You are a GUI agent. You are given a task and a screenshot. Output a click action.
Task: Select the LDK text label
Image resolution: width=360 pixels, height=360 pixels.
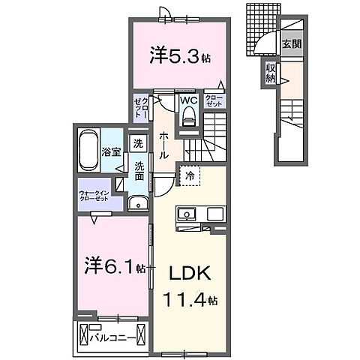(x=190, y=274)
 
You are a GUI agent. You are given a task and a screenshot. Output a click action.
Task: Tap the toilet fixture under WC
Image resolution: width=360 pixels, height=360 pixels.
(x=189, y=115)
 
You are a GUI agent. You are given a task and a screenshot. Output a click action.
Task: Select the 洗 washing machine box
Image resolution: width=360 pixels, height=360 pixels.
(x=137, y=143)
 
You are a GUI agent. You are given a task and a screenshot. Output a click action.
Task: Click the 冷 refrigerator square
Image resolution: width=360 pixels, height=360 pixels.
(x=190, y=176)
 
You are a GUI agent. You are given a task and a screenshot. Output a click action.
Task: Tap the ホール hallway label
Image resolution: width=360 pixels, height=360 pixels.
(x=163, y=143)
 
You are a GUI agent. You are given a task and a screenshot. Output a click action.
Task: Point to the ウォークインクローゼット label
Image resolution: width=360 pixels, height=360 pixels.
(x=94, y=197)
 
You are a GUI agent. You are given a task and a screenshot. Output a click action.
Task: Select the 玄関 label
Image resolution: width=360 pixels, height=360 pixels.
(x=291, y=43)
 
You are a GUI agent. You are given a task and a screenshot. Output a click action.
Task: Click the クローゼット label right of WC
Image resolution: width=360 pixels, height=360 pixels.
(x=212, y=100)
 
